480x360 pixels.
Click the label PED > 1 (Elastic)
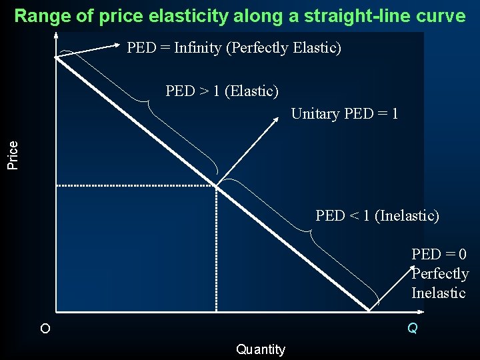[x=222, y=91]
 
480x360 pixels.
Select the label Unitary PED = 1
[x=345, y=113]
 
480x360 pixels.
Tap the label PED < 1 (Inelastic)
[x=377, y=215]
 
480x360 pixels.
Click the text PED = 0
[x=439, y=254]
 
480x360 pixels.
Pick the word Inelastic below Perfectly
[x=439, y=293]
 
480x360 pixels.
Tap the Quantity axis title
[x=260, y=349]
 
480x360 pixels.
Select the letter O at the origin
[x=45, y=329]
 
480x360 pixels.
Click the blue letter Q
[x=413, y=328]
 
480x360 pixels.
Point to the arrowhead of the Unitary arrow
[x=277, y=119]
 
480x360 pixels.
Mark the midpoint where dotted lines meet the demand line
[x=216, y=185]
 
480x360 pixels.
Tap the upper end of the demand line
[x=57, y=57]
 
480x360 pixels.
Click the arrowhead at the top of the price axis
[x=56, y=35]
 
